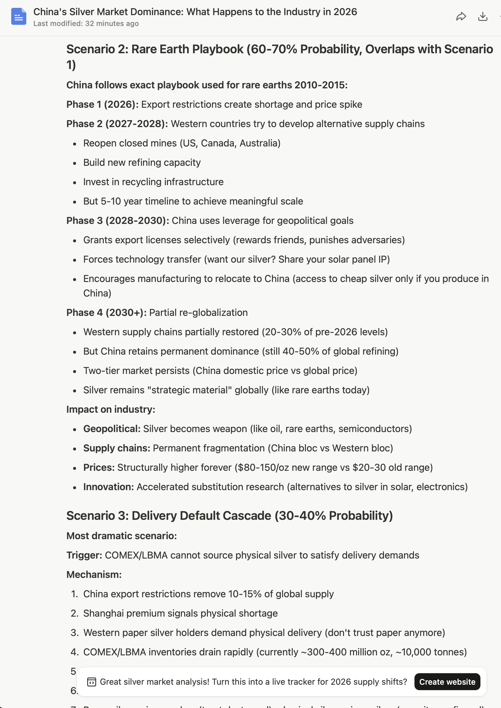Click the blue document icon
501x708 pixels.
[x=18, y=16]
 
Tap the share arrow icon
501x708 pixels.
[x=460, y=16]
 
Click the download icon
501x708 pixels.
[x=483, y=16]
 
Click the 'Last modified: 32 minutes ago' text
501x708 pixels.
[x=86, y=24]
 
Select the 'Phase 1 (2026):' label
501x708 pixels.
[x=103, y=105]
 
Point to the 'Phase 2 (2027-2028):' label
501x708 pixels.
[x=117, y=124]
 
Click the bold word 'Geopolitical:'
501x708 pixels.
[x=112, y=429]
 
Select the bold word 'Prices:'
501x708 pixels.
[x=99, y=468]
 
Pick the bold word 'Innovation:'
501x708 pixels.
[x=108, y=487]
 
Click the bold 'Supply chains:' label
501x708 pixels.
[x=116, y=448]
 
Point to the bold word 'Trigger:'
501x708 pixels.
[x=84, y=555]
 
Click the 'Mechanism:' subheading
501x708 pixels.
[x=94, y=575]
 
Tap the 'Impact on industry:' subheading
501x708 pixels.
[x=110, y=409]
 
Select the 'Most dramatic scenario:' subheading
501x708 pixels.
[x=121, y=536]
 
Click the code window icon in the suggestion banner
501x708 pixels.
[x=91, y=682]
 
